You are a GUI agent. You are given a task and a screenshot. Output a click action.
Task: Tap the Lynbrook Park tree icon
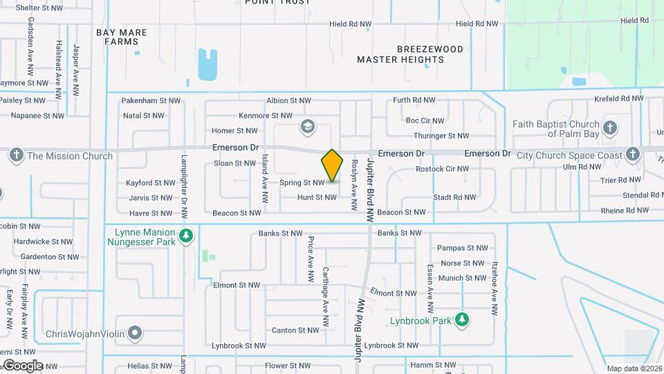click(x=463, y=320)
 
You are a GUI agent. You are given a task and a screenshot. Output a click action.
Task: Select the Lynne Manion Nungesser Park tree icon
click(x=185, y=236)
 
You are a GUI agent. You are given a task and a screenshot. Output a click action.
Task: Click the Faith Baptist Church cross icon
click(x=609, y=127)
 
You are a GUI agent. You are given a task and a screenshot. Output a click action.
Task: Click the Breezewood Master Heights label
click(x=400, y=54)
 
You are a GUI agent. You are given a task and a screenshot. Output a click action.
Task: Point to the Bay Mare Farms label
click(x=122, y=37)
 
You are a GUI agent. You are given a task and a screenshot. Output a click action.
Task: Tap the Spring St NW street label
click(x=302, y=183)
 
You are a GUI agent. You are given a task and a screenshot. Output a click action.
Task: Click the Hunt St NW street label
click(x=316, y=197)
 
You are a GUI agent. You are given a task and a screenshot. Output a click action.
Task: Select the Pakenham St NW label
click(x=151, y=100)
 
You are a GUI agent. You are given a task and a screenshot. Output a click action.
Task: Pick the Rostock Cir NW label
click(x=442, y=169)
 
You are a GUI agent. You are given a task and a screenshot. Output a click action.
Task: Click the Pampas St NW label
click(x=463, y=248)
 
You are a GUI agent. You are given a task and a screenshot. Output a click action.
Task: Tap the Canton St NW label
click(x=295, y=330)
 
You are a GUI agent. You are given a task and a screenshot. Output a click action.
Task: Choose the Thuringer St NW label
click(x=441, y=136)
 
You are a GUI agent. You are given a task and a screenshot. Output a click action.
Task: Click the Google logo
click(x=23, y=365)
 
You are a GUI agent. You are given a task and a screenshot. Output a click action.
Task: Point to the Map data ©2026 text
click(x=633, y=368)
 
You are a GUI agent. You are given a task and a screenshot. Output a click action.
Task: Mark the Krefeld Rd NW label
click(x=618, y=99)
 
